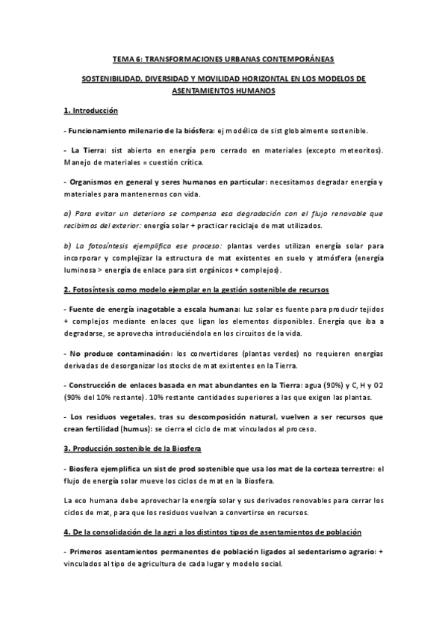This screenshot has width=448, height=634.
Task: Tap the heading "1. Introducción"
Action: click(91, 111)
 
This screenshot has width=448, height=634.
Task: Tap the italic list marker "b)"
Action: click(67, 245)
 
